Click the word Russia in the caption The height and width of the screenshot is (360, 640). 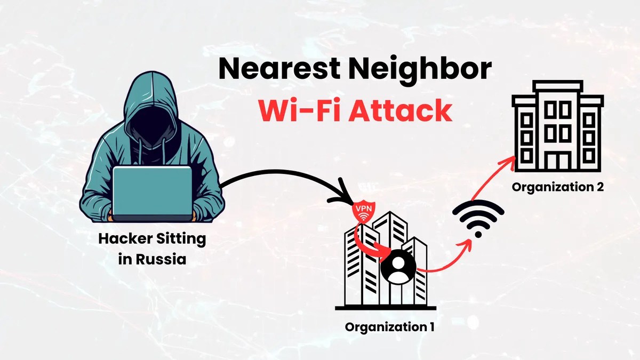point(161,260)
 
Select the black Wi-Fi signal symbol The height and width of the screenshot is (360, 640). point(478,219)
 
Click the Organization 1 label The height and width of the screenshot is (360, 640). point(389,327)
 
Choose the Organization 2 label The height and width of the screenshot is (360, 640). point(558,187)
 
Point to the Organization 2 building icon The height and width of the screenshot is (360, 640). point(557,128)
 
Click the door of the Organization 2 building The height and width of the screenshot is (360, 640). point(558,161)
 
